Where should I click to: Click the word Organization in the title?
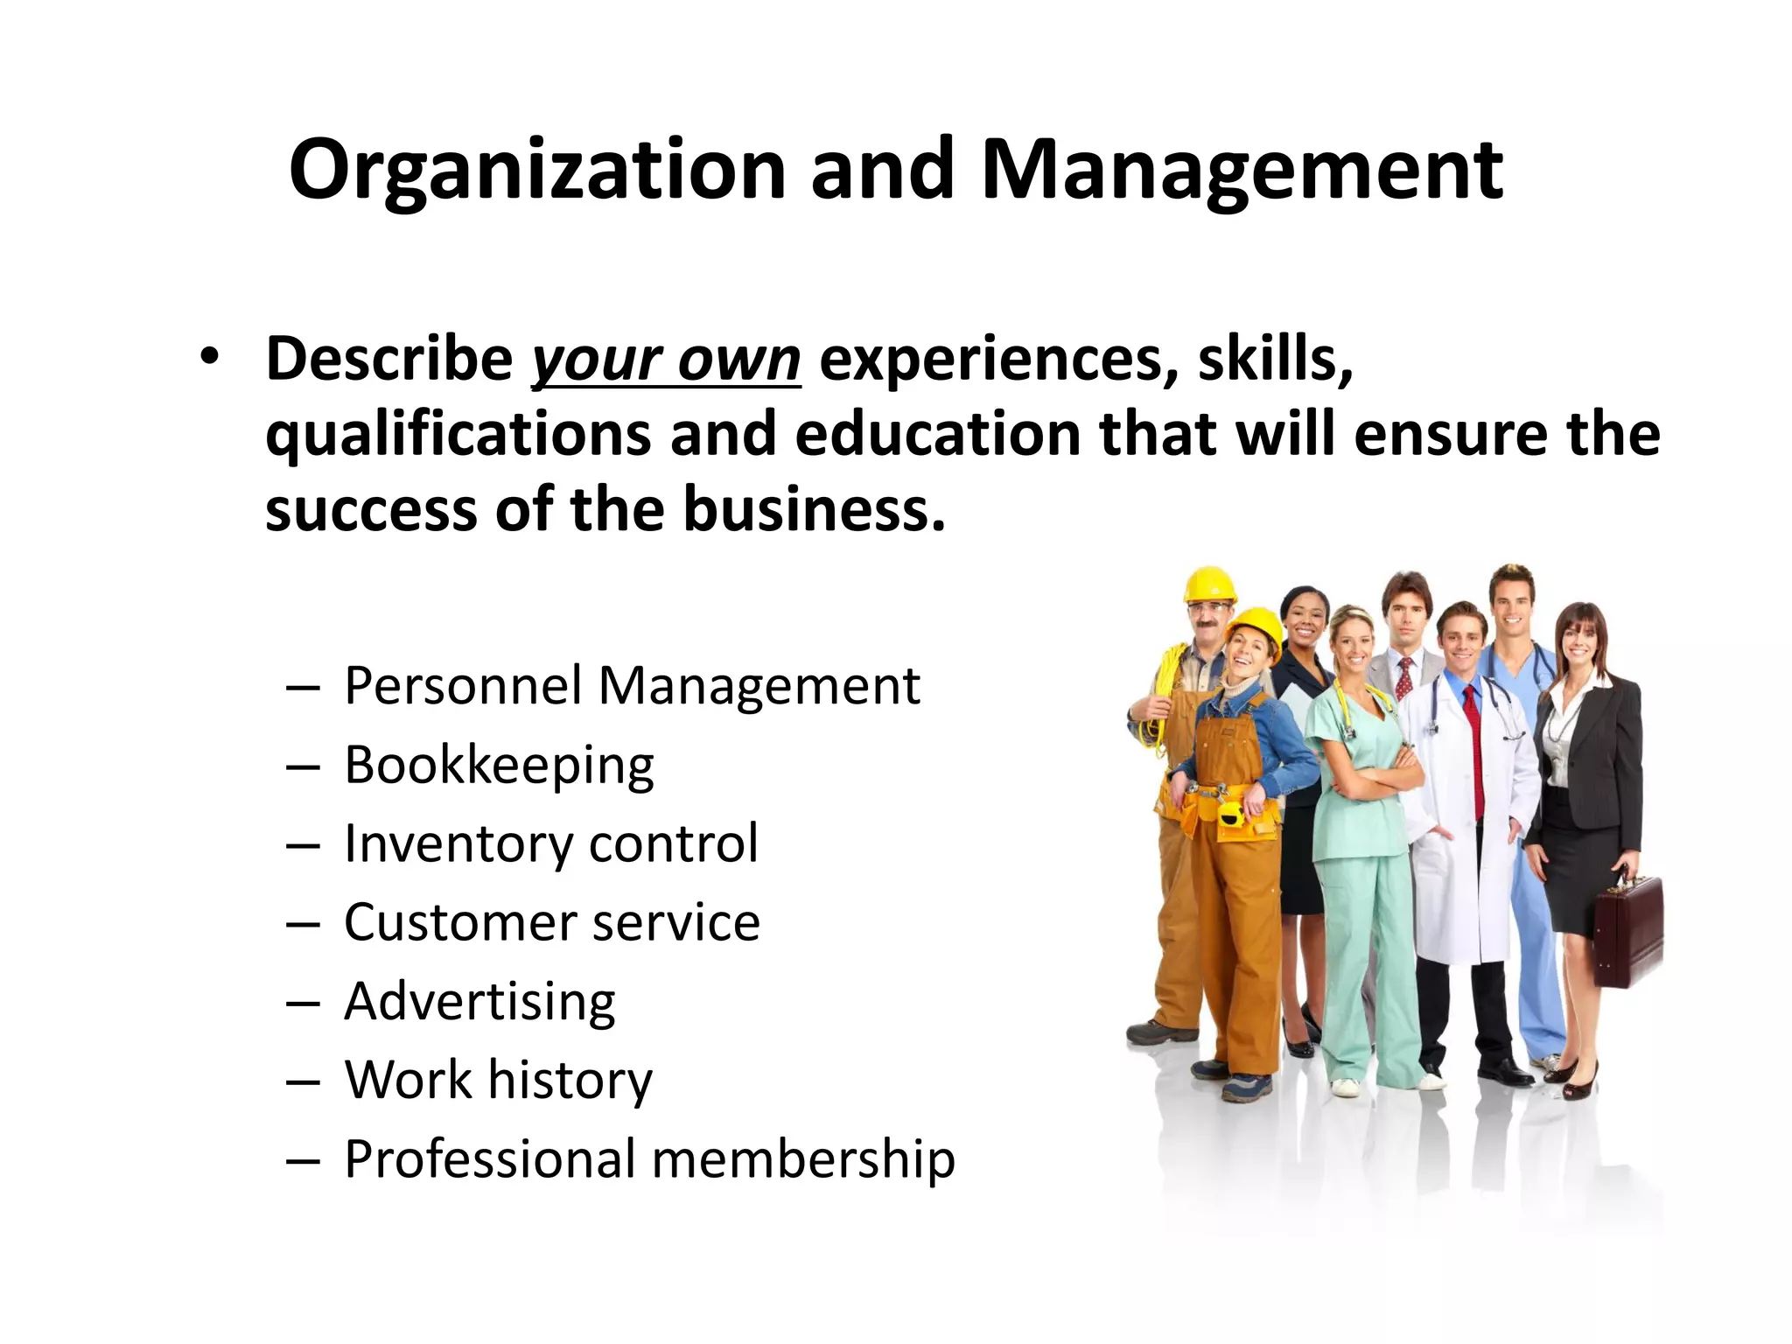coord(537,171)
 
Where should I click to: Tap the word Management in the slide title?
coord(1242,171)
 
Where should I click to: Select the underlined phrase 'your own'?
coord(666,360)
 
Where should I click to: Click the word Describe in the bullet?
coord(389,358)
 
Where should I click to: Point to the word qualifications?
coord(458,434)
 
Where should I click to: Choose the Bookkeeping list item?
coord(499,766)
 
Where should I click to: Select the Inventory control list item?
coord(551,843)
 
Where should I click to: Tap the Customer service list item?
coord(552,922)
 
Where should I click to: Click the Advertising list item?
coord(479,1001)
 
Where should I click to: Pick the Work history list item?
coord(498,1080)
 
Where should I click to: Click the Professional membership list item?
coord(649,1159)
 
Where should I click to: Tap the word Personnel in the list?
coord(463,686)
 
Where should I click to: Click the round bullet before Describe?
coord(208,358)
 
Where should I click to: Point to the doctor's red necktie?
coord(1478,752)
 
